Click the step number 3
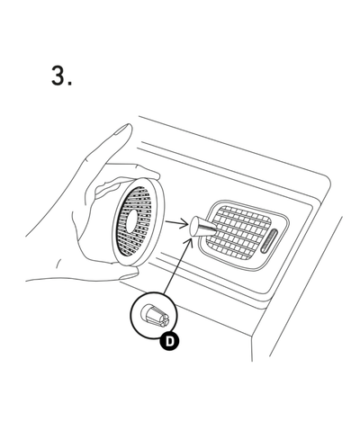(58, 76)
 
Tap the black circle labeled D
(169, 341)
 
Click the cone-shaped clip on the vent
(202, 227)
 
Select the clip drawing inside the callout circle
(155, 316)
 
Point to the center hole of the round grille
(131, 222)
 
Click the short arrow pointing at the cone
(177, 224)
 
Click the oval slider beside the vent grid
(270, 240)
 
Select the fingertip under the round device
(130, 274)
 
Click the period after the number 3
(70, 84)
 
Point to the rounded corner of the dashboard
(325, 183)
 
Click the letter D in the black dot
(170, 341)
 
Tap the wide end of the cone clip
(193, 227)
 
